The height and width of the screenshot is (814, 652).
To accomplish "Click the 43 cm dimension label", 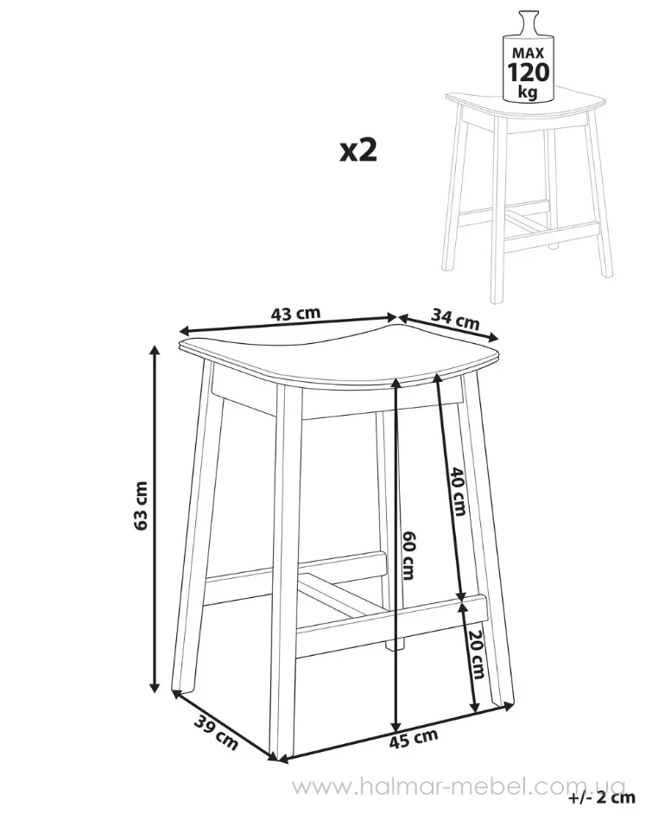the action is coord(295,314).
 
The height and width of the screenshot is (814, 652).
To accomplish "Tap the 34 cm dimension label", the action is coord(455,319).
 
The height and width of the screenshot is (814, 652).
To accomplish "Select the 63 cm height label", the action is coord(141,506).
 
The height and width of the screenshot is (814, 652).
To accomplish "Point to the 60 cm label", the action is coord(408,555).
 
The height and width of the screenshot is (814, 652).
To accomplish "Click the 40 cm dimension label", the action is coord(458,491).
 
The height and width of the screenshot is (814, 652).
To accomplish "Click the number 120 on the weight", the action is coord(528,73).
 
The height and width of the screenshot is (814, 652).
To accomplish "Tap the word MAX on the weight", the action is coord(528,53).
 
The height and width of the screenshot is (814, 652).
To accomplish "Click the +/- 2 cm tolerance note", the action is coord(602,797).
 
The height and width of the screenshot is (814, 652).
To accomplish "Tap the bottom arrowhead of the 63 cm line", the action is coord(154,687).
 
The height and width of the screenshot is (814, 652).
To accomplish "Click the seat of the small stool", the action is coord(526,106).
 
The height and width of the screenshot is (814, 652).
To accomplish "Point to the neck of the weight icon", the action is coord(528,20).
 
